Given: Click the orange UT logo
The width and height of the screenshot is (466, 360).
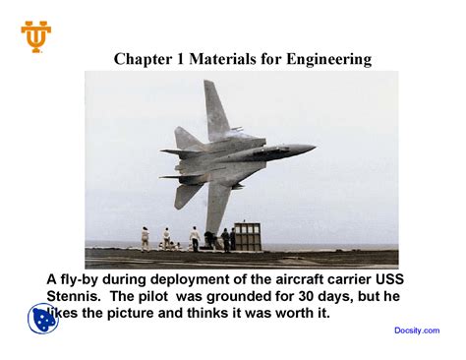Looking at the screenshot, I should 36,35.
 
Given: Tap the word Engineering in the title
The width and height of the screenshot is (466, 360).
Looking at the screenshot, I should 329,60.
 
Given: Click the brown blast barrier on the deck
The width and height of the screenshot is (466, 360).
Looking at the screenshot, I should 247,236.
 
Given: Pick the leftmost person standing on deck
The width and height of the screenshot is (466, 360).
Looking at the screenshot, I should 146,238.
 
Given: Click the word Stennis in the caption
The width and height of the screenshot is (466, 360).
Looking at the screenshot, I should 75,296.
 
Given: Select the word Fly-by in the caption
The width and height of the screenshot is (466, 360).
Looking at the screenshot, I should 82,279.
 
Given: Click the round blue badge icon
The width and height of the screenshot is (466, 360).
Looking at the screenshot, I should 42,319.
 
